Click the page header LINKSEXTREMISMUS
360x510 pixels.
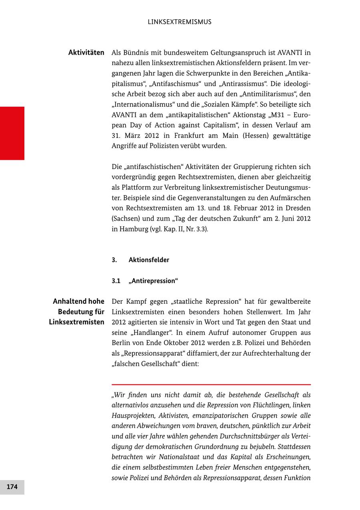[x=180, y=22]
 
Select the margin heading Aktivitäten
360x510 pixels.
[x=86, y=52]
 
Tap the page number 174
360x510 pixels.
[x=12, y=487]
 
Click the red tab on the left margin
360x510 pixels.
[x=12, y=133]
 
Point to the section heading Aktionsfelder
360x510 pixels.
[x=149, y=260]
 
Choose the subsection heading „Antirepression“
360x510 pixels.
[x=153, y=281]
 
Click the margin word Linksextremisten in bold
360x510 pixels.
[x=77, y=322]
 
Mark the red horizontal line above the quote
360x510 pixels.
[x=211, y=384]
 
